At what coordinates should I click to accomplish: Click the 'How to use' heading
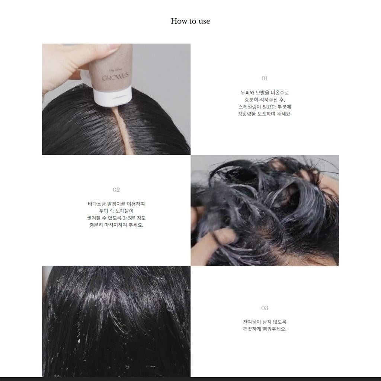click(x=190, y=21)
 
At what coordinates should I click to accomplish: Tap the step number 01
click(x=265, y=79)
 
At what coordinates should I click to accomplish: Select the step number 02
click(x=116, y=190)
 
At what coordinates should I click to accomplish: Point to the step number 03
click(x=265, y=308)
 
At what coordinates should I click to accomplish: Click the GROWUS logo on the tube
click(x=115, y=77)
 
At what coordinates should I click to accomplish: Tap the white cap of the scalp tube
click(x=112, y=97)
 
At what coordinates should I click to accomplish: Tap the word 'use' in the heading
click(x=204, y=21)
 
